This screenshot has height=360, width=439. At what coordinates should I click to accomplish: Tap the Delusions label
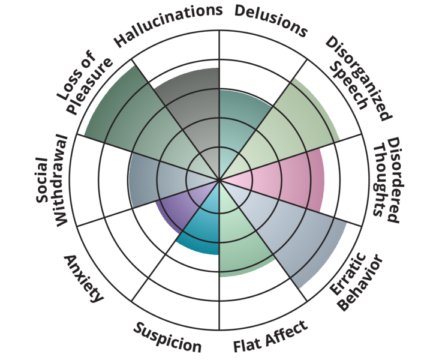[270, 19]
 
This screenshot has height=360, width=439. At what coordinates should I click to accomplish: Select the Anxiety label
[84, 278]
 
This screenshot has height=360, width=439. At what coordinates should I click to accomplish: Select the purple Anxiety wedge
[180, 207]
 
